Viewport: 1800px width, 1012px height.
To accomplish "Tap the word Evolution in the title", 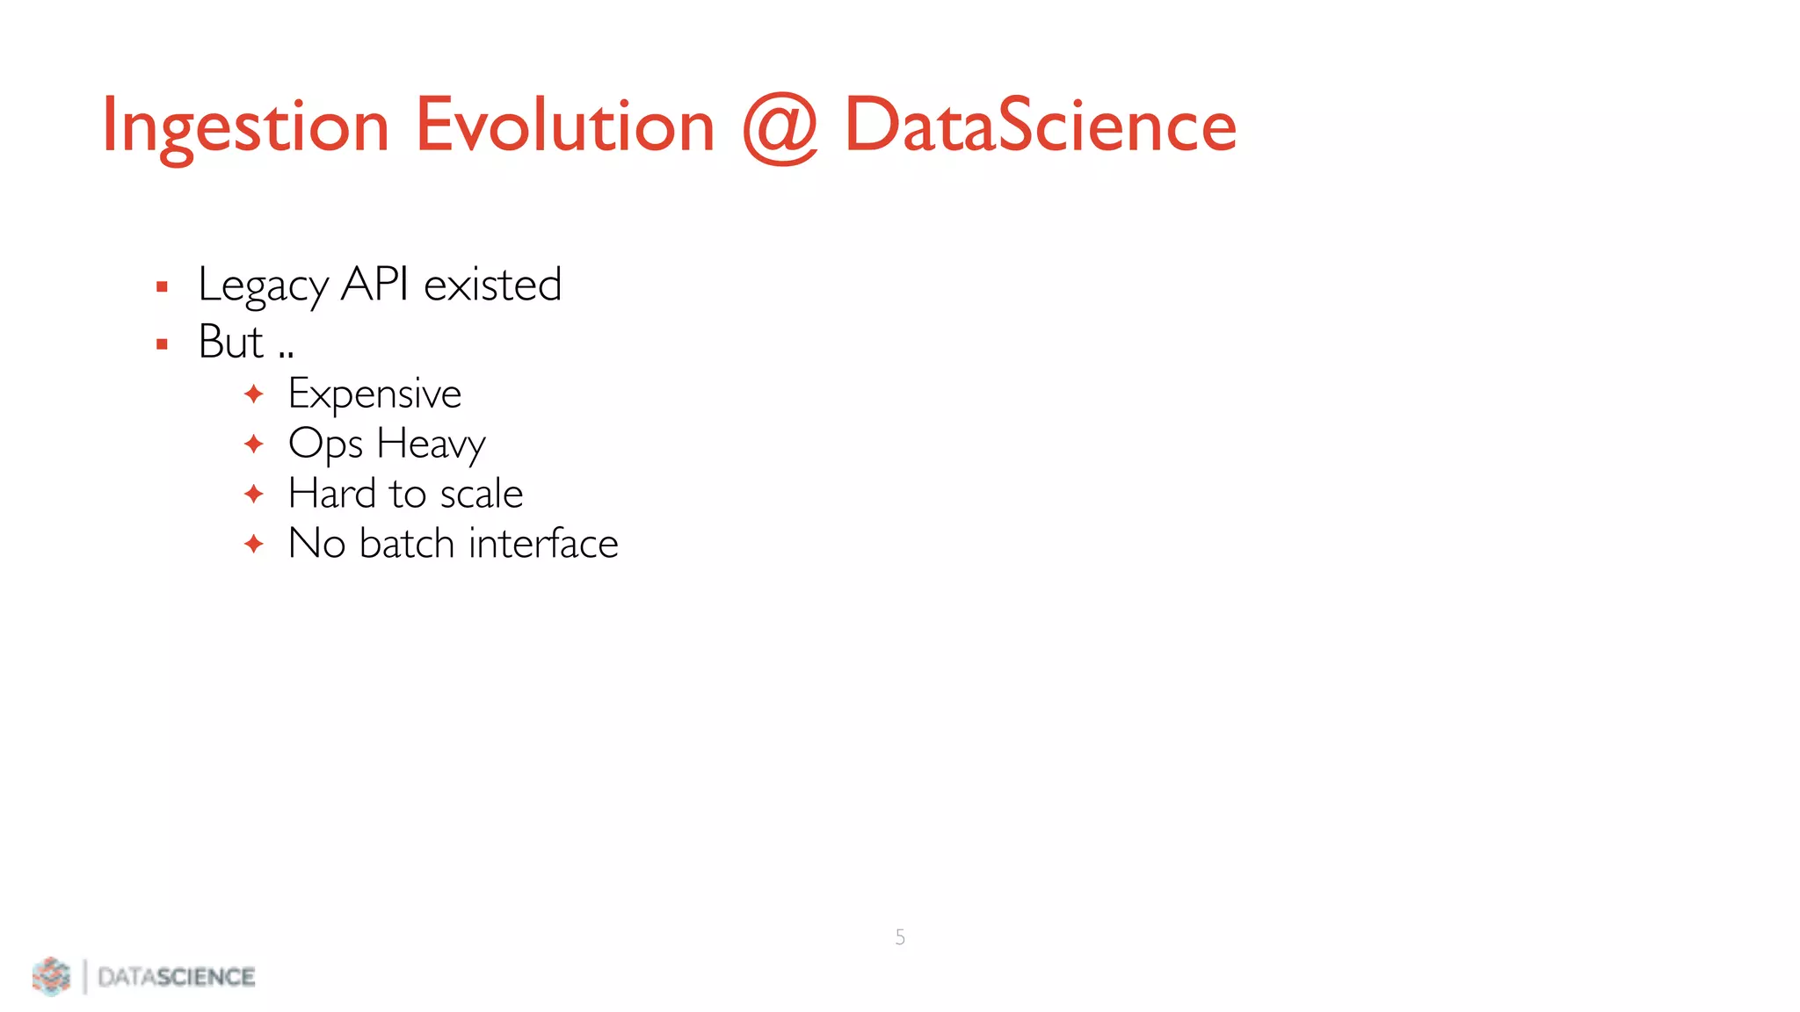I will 564,126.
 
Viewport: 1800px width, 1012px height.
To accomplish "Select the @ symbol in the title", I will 780,128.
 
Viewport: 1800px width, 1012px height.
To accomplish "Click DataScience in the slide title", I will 1040,126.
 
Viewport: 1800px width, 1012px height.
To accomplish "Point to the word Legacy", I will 263,286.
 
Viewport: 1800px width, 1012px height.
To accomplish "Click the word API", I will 374,284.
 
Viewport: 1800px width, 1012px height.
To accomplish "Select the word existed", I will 492,285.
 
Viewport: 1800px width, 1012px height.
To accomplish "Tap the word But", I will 230,342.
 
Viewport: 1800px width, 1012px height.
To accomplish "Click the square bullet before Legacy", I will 162,286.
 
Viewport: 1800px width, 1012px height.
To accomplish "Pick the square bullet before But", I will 162,344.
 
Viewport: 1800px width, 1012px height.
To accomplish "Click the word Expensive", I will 374,394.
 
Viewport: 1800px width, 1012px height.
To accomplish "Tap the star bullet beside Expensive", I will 254,394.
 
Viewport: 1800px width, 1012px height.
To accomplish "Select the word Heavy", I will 431,445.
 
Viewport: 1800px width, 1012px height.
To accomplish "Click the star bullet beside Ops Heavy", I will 254,445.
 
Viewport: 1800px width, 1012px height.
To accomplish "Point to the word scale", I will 481,494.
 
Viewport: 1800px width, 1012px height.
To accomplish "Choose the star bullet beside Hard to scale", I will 254,495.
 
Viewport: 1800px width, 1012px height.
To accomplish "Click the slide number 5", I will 900,937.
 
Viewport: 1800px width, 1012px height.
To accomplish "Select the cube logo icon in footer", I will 51,976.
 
